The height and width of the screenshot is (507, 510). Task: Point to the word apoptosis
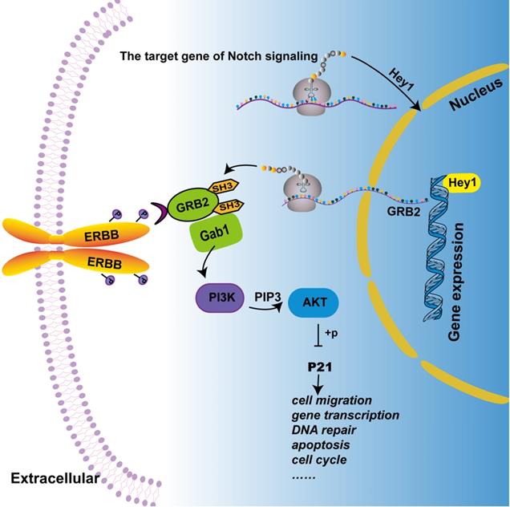click(x=318, y=446)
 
